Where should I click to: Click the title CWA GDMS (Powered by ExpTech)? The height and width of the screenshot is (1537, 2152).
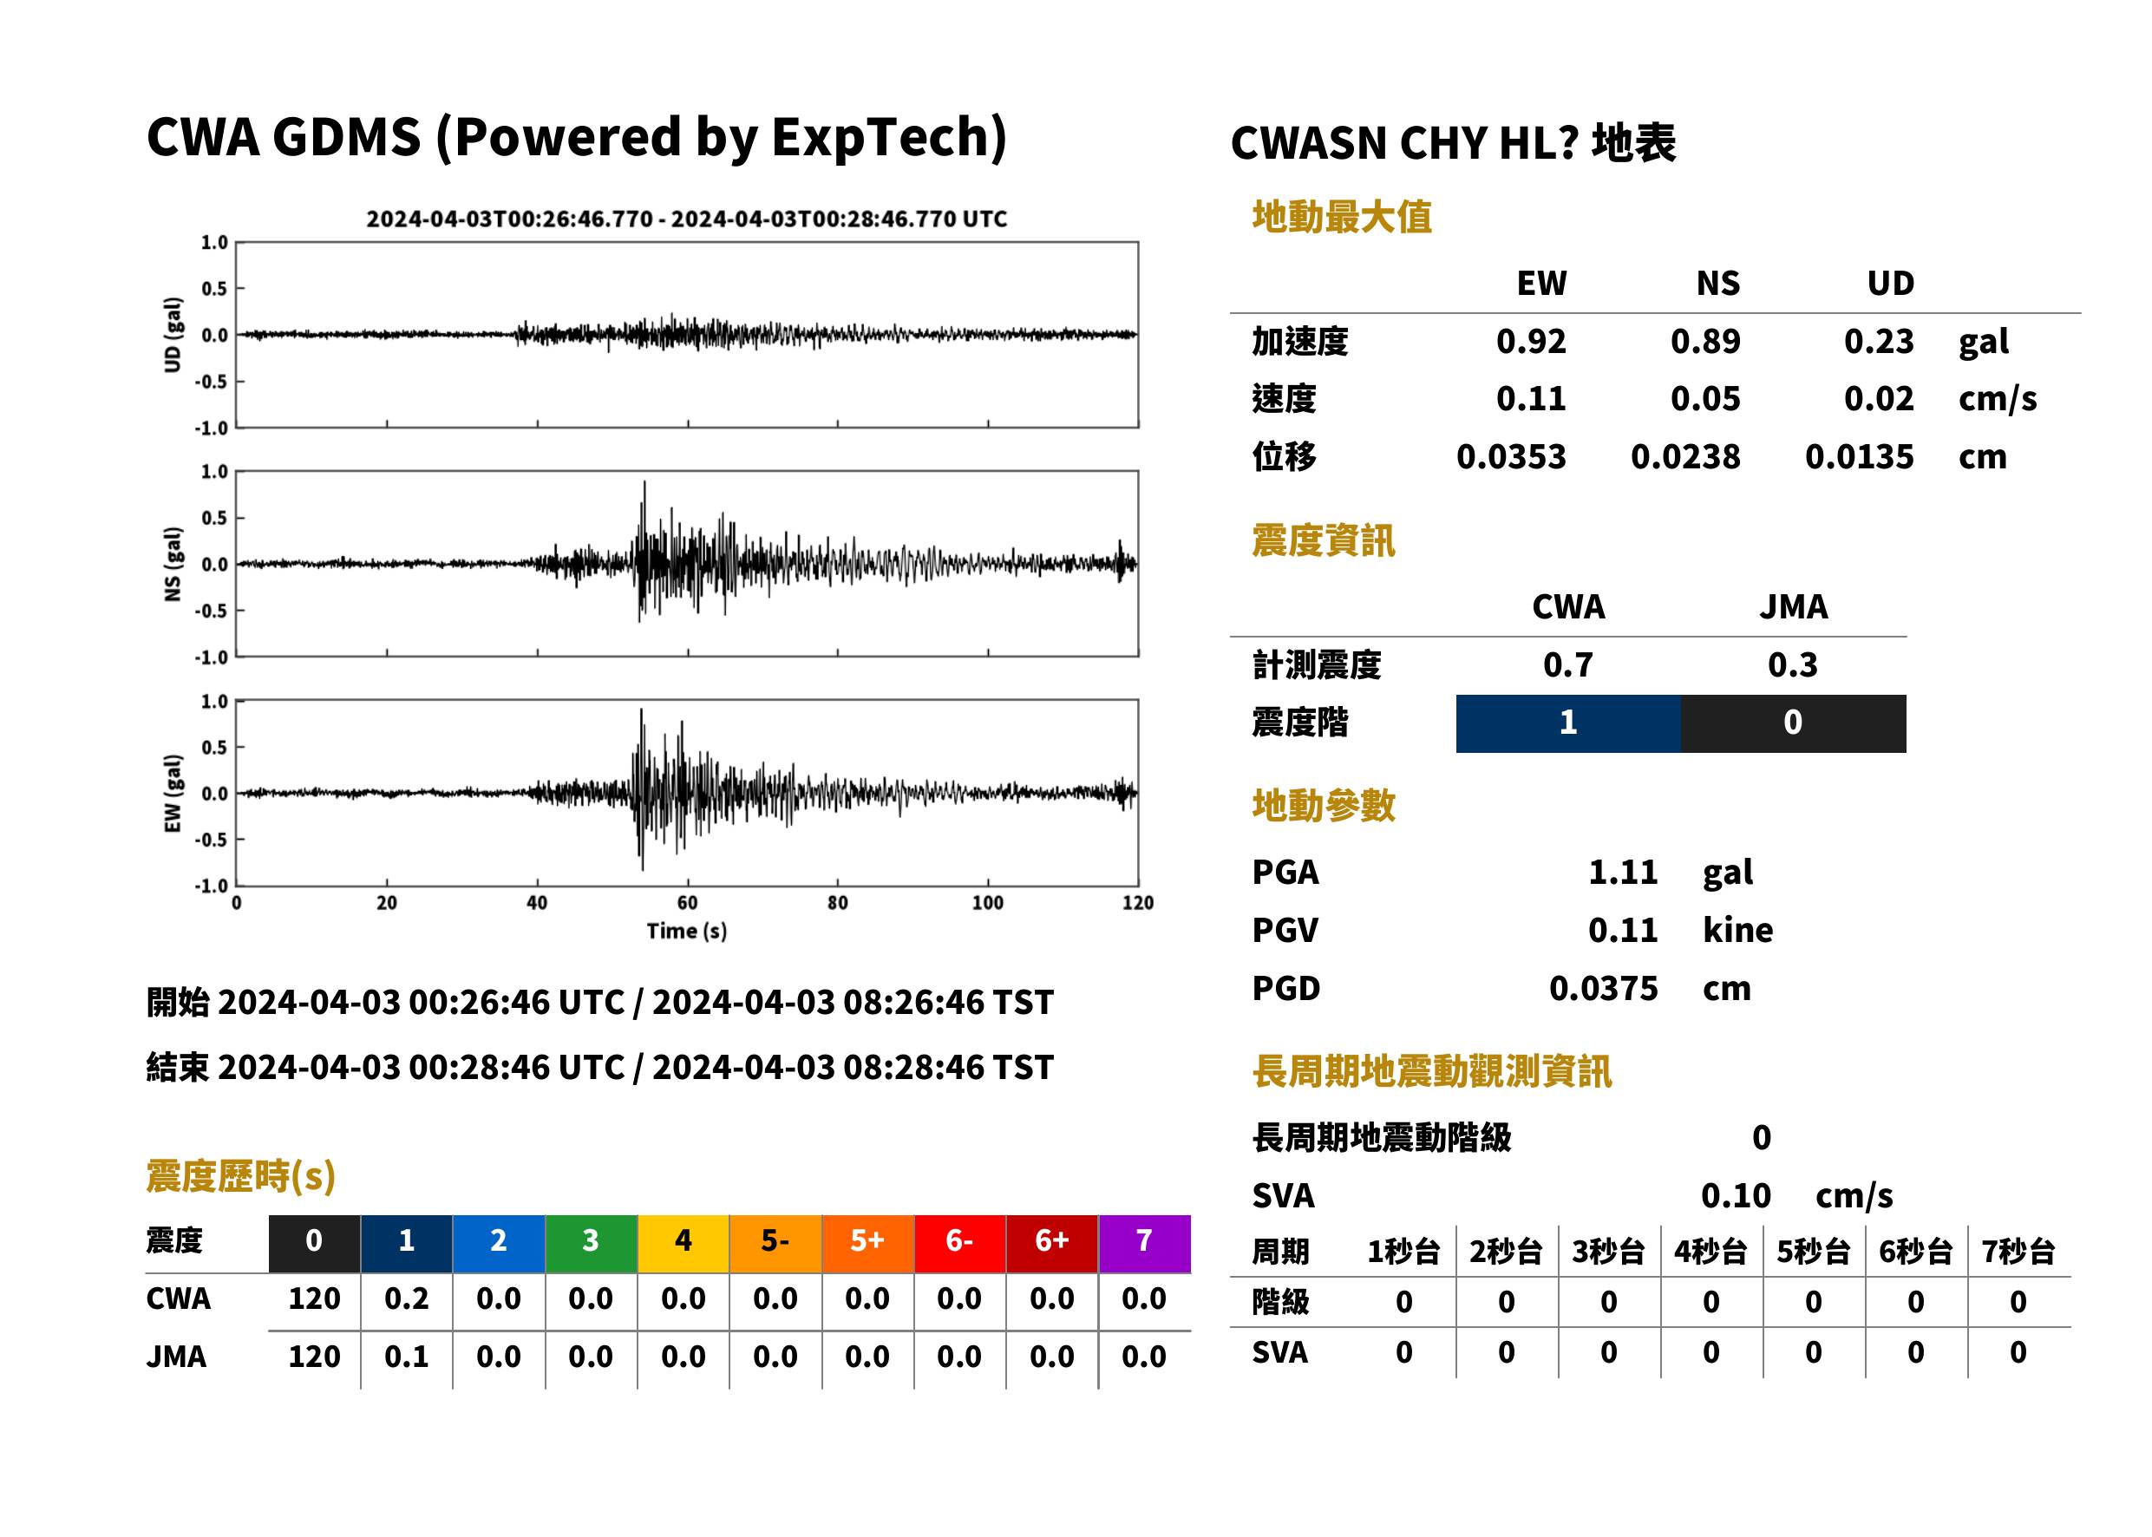(576, 137)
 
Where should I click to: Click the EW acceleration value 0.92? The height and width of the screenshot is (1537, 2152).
(1530, 342)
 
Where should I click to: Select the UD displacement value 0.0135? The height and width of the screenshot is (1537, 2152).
(1859, 457)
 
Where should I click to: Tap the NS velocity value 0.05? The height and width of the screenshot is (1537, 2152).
(1704, 399)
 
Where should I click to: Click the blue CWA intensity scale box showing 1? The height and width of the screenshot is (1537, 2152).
(1567, 723)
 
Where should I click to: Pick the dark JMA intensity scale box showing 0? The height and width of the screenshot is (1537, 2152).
(1792, 723)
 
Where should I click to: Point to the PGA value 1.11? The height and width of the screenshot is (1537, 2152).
(1622, 872)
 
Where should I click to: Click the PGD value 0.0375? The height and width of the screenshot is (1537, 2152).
(1603, 988)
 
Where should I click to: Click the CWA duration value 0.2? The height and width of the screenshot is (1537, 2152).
(406, 1298)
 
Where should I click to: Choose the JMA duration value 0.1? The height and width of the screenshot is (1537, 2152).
(406, 1357)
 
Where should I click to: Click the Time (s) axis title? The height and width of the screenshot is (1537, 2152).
(687, 932)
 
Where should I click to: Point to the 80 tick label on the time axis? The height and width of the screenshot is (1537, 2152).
(838, 903)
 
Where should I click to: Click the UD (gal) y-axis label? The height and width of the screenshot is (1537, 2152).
(173, 335)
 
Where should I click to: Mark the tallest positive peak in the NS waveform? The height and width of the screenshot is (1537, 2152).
(644, 482)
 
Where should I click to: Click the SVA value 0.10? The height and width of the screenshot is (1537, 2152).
(1736, 1195)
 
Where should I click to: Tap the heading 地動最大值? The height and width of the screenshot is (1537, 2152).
(1342, 218)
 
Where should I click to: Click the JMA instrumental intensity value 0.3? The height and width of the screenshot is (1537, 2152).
(1792, 664)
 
